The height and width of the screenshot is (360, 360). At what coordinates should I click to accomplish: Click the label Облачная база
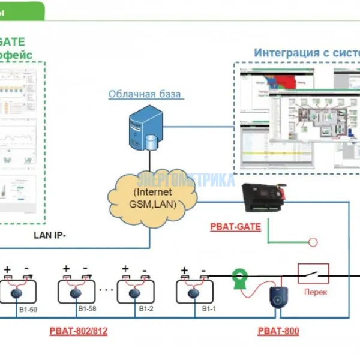[145, 94]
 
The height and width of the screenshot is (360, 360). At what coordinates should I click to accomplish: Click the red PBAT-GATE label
[235, 227]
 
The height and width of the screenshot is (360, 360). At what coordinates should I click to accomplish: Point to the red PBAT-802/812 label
[78, 331]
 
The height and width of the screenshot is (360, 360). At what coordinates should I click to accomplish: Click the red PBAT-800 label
[278, 331]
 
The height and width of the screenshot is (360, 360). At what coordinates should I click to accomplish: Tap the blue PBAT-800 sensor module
[278, 296]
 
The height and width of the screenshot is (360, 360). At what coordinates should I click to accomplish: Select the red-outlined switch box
[313, 274]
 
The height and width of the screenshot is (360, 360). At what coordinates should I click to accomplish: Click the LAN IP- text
[50, 235]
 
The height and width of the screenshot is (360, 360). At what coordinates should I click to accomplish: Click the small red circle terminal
[312, 242]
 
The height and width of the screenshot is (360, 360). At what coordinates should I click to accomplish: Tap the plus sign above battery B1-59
[7, 269]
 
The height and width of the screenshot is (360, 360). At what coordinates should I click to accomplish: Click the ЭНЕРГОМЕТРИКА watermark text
[186, 179]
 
